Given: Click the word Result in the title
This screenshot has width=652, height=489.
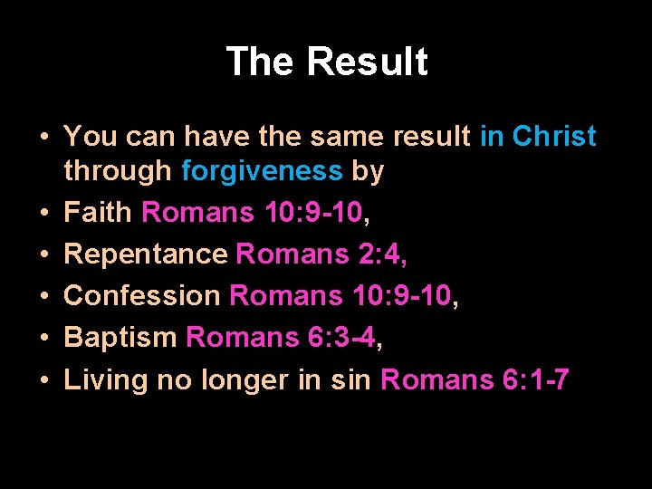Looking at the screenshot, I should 367,62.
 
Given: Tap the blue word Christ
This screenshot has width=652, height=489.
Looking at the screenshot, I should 554,137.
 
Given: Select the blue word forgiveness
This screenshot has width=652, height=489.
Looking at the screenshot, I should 263,170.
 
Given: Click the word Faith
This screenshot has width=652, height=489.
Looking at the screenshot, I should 99,213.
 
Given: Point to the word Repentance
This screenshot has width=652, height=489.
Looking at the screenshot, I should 146,254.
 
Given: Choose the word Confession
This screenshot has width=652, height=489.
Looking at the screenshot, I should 142,296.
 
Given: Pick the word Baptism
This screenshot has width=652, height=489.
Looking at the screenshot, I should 120,338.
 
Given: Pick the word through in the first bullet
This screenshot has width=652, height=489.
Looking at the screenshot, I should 118,170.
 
